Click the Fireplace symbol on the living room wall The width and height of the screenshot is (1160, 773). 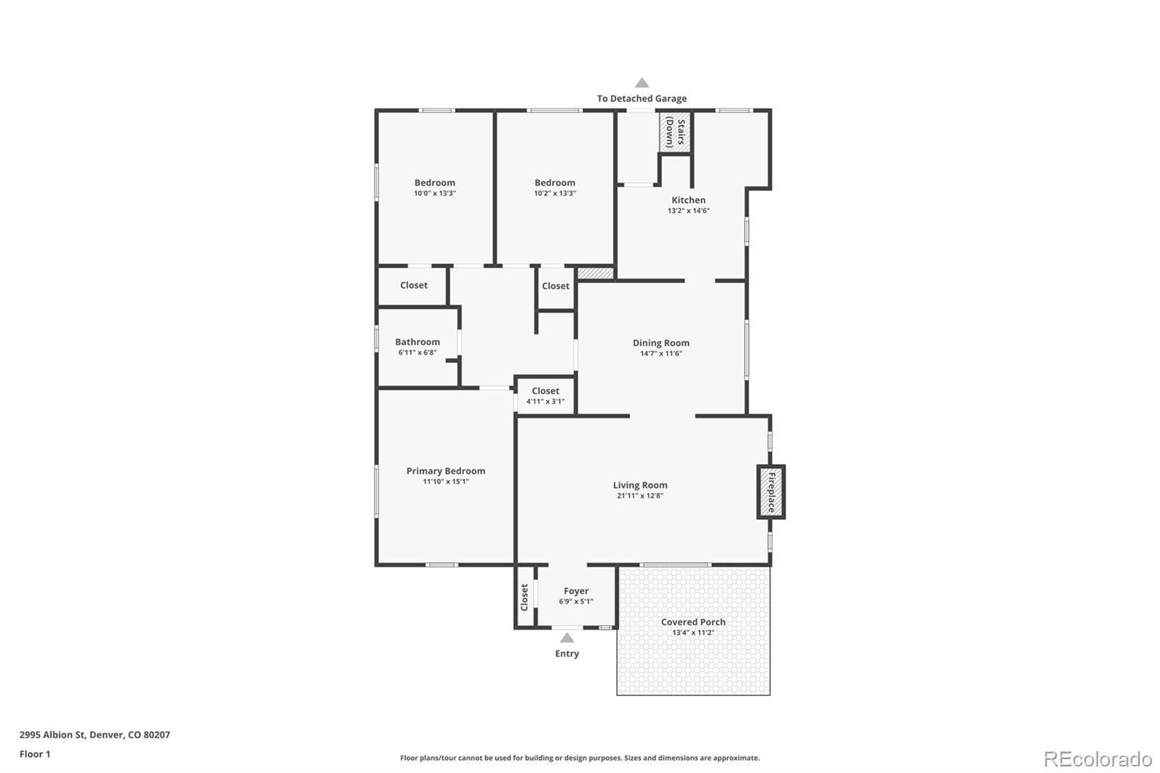771,492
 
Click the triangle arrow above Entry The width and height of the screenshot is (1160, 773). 567,638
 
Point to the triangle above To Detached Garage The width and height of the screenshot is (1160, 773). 642,83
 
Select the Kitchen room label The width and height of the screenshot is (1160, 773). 688,200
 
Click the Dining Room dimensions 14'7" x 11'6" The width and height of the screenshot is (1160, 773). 660,354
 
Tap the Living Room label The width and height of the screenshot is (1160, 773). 639,485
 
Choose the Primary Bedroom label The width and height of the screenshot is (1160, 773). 445,471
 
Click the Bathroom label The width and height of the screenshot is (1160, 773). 417,342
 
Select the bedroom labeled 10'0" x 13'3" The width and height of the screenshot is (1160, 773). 434,188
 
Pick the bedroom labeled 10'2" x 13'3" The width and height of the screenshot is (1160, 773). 555,188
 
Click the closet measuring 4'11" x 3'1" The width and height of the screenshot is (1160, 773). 545,396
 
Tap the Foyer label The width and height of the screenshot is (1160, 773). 576,591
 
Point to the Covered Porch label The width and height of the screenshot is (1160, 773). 692,622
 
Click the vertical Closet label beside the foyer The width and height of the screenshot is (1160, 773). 524,598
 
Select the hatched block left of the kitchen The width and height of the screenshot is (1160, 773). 596,273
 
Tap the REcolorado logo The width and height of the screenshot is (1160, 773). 1097,759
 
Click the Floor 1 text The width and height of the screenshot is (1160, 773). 35,754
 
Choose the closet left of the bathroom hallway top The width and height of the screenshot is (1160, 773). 413,286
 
